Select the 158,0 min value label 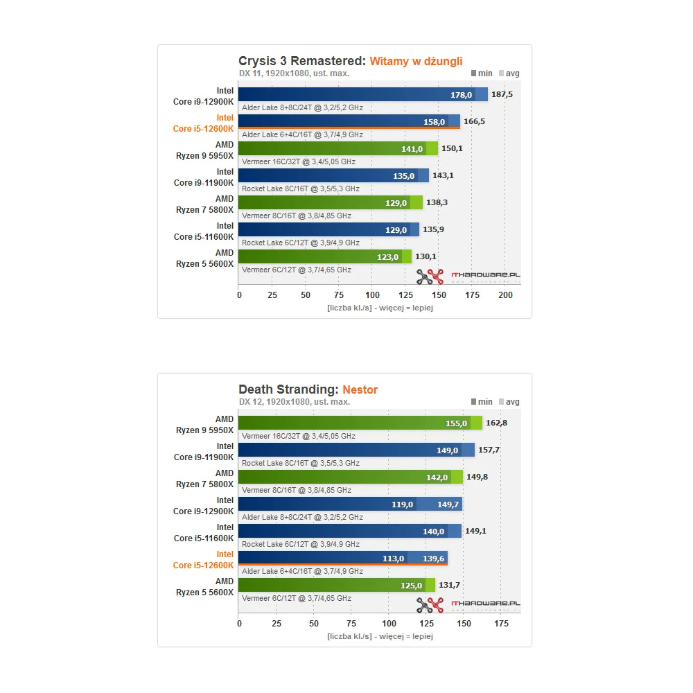(x=444, y=122)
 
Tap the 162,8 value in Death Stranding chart (x=496, y=423)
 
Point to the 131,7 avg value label (x=450, y=586)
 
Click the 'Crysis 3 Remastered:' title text (x=302, y=61)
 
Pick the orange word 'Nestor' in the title (x=360, y=389)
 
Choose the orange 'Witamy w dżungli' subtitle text (x=416, y=61)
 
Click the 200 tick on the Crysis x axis (x=505, y=295)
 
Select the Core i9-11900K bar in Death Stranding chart (x=356, y=450)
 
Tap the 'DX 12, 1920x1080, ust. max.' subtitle (x=294, y=402)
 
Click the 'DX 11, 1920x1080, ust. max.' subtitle (x=294, y=73)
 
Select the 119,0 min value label (x=402, y=505)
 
